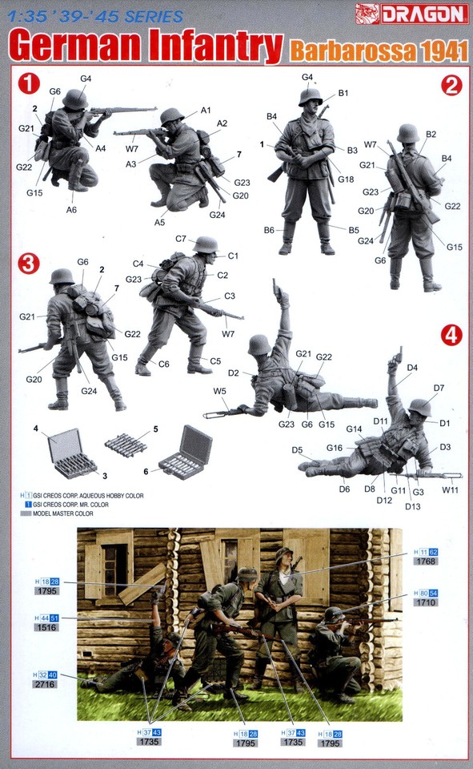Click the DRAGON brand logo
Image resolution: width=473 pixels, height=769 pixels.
point(425,12)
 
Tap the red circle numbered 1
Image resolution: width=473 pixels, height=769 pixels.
point(30,83)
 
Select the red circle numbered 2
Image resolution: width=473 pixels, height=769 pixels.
point(451,86)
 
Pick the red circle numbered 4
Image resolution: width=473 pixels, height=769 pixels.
point(451,336)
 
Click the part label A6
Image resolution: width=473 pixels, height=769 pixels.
point(70,210)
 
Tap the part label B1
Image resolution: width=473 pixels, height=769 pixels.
point(343,94)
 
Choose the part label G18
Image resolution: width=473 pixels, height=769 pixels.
point(346,179)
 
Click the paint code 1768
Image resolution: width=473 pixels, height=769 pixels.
point(426,563)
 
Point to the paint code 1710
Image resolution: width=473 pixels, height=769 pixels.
point(426,603)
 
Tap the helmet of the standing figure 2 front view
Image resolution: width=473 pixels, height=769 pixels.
point(310,97)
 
